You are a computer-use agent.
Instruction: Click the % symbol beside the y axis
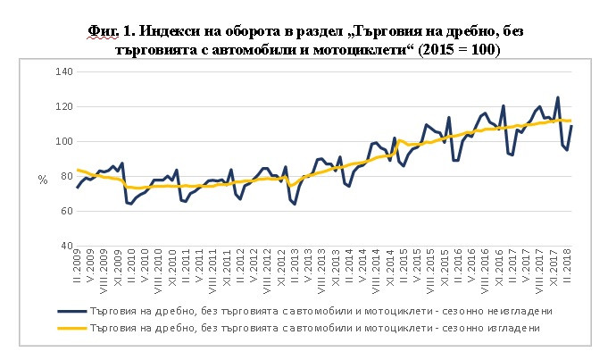pos(41,180)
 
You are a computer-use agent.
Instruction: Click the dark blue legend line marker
pos(71,312)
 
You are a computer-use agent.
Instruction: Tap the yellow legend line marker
pos(71,329)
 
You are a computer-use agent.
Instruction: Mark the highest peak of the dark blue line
pos(558,97)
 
